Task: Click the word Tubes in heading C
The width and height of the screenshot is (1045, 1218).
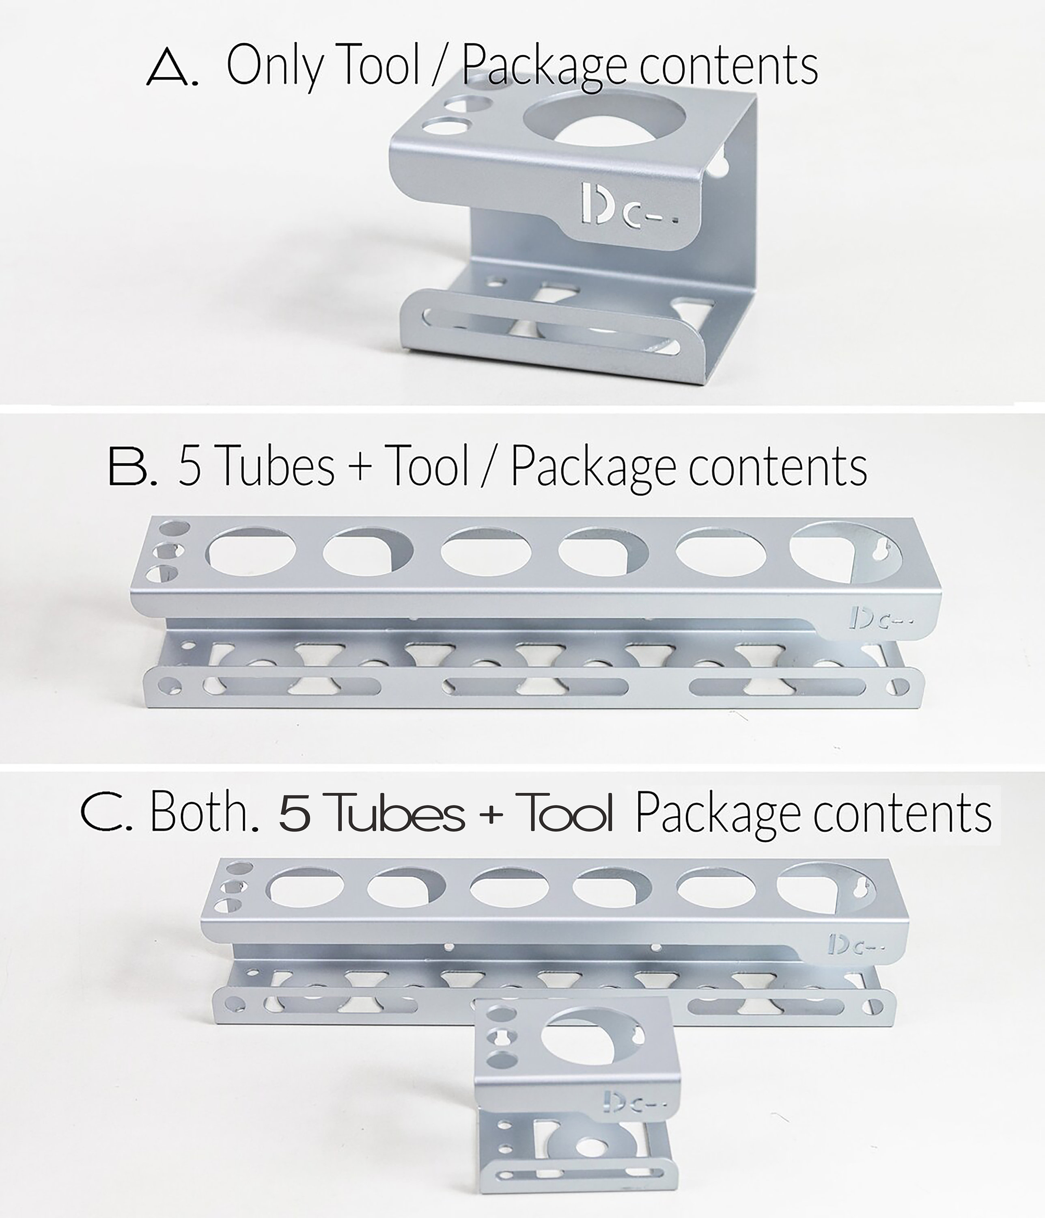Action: tap(398, 813)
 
